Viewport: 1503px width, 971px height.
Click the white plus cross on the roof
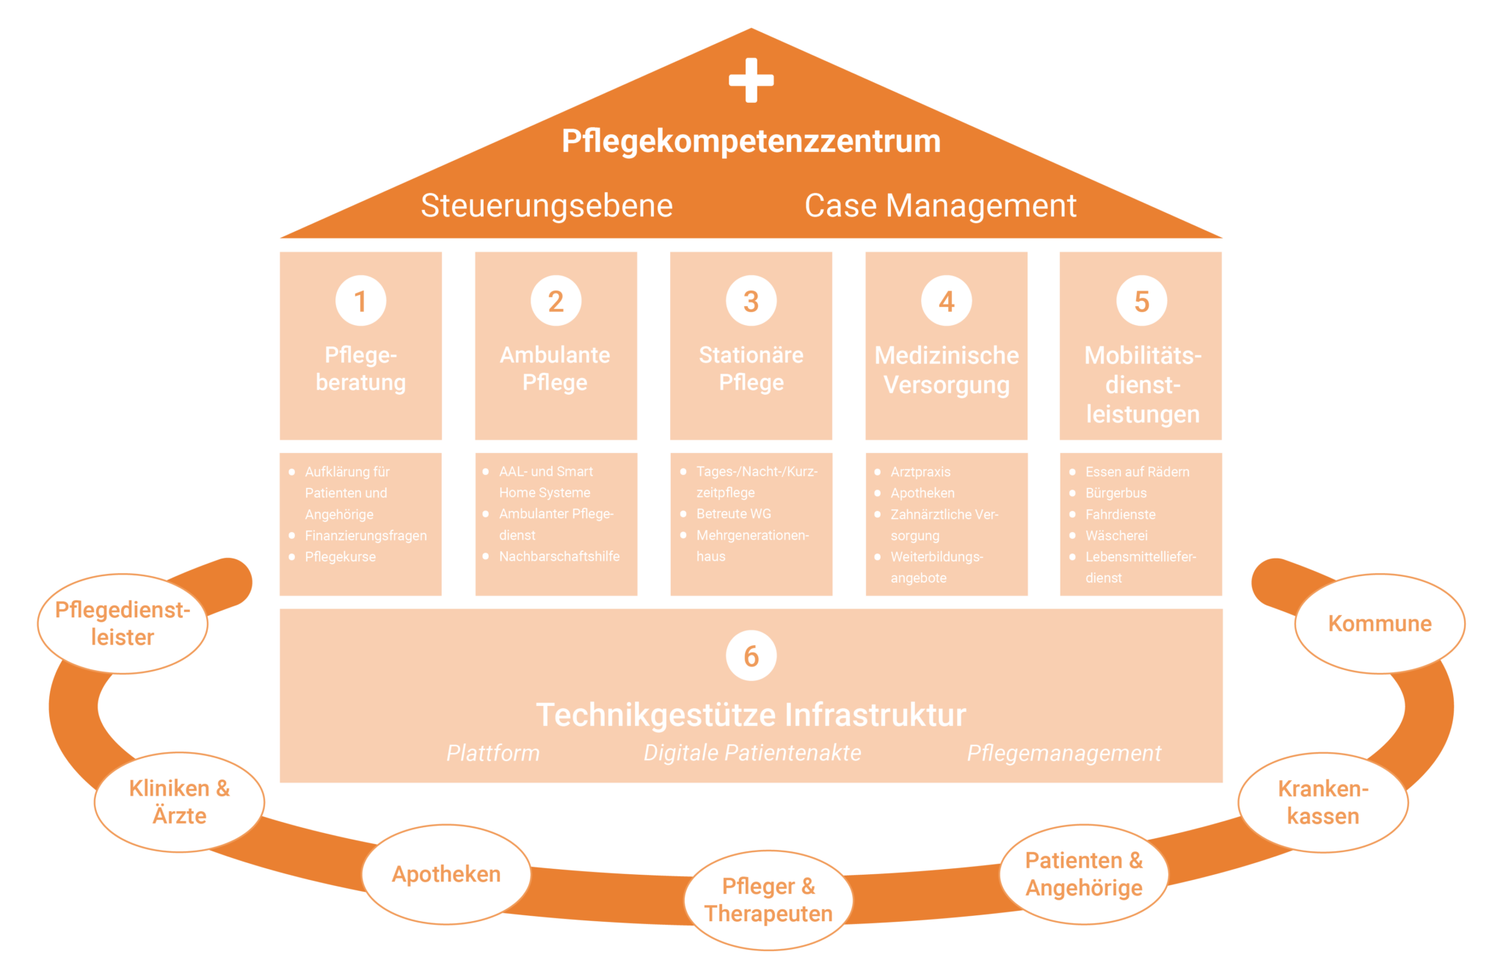[x=751, y=80]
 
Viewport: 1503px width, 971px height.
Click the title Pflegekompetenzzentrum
[x=751, y=141]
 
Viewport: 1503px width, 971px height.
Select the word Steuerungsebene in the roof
[x=547, y=206]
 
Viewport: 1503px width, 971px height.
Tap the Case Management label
[x=940, y=206]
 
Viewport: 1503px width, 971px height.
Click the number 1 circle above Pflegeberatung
[x=360, y=301]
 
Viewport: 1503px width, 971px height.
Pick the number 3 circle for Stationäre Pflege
[x=751, y=301]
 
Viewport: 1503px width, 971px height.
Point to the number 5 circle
[x=1141, y=301]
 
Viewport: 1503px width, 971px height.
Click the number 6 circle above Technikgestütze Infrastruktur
[x=751, y=656]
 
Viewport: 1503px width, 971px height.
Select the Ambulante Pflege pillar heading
[x=555, y=368]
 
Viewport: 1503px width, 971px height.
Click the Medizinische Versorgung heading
[x=947, y=370]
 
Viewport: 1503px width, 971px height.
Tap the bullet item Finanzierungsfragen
[x=365, y=536]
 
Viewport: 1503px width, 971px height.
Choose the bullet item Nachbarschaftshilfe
[x=559, y=556]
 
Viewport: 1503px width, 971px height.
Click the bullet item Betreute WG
[x=734, y=514]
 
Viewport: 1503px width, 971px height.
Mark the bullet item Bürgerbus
[x=1116, y=493]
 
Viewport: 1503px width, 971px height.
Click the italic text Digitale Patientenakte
[x=752, y=753]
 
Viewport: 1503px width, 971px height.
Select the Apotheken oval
[x=446, y=874]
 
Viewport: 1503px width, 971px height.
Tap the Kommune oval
[x=1380, y=624]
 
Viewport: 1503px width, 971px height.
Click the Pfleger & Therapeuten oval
[x=768, y=900]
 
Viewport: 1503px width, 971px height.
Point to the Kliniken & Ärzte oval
[x=179, y=802]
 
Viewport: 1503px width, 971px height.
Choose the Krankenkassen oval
[x=1323, y=802]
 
